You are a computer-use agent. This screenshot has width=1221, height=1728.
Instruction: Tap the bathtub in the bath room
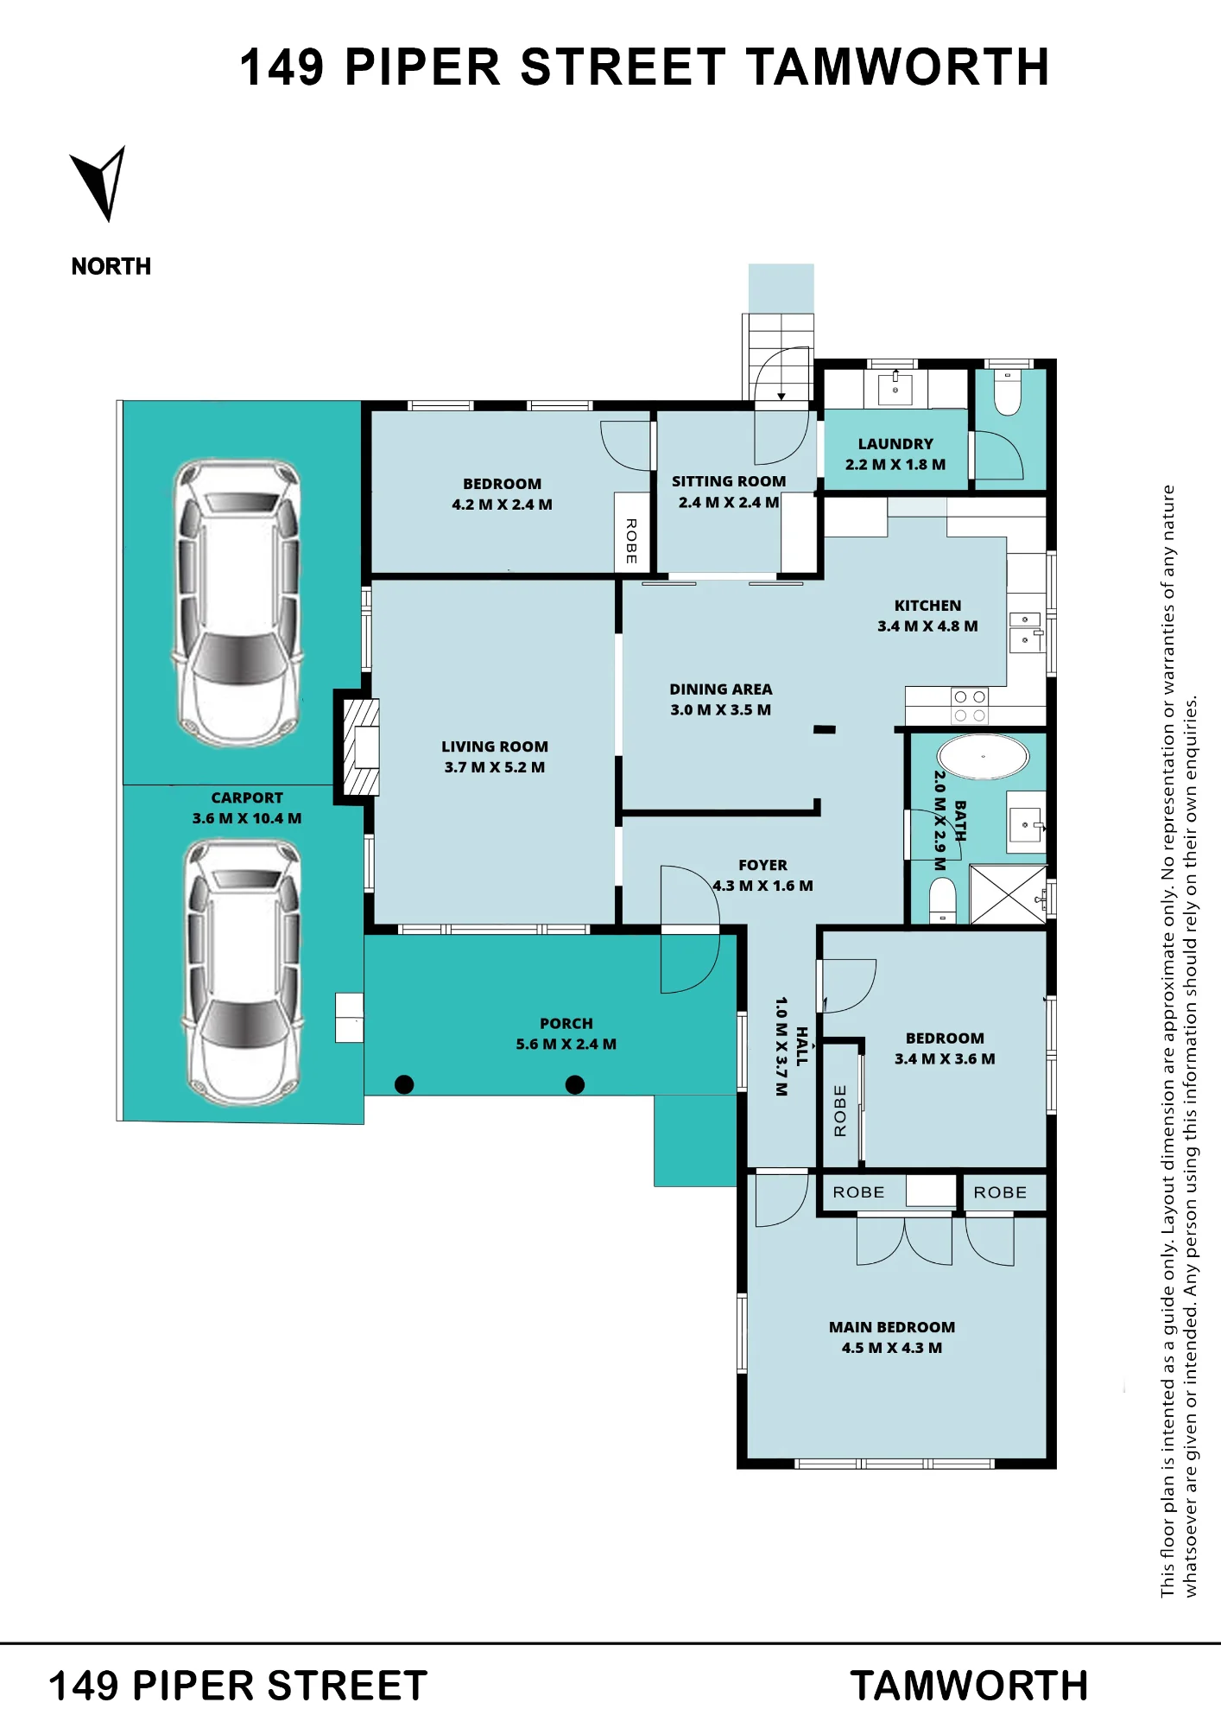983,757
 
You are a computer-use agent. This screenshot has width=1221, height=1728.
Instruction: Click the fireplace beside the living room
362,747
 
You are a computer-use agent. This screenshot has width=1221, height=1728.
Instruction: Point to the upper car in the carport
238,603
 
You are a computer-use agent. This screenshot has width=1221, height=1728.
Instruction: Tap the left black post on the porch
404,1084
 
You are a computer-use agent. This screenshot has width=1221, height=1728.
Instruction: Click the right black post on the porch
575,1084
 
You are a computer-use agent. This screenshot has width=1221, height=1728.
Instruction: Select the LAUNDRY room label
895,444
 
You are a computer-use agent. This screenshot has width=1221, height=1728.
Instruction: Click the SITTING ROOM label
729,481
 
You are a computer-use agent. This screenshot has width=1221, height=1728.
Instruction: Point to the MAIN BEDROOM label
892,1327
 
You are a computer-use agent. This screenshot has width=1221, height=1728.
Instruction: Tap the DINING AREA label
721,689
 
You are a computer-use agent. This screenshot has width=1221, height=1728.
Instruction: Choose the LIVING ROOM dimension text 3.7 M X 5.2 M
495,767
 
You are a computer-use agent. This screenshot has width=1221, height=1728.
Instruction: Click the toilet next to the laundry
1008,394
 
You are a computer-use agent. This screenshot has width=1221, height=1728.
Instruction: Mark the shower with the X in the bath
1008,894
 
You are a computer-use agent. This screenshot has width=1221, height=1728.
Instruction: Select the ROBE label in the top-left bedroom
631,542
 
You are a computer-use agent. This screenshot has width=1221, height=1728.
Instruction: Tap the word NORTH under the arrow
111,266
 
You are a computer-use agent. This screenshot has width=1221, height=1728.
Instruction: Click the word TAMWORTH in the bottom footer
969,1686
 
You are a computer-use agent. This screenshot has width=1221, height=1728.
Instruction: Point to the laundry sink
895,389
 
